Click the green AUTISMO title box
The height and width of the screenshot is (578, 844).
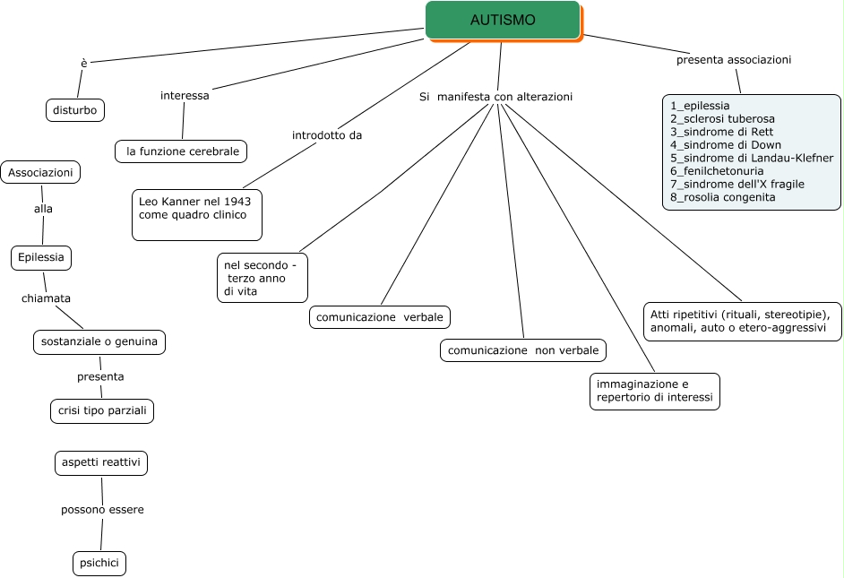pos(503,20)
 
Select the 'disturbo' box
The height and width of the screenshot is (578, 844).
pos(75,110)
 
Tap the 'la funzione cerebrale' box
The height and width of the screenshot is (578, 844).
pos(182,151)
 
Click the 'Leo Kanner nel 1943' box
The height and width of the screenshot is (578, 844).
pos(197,214)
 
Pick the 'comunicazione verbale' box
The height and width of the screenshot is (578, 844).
pos(380,317)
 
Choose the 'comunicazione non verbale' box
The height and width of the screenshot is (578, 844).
pos(523,349)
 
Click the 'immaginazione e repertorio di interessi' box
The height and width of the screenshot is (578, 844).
pos(654,391)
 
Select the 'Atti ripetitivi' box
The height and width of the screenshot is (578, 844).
pos(742,322)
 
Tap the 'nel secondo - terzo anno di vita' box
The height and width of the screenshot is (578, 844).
pos(263,277)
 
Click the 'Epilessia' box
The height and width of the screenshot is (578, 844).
pos(41,257)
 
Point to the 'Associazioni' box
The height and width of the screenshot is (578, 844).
pos(40,172)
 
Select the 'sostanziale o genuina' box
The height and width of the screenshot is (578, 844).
pos(99,341)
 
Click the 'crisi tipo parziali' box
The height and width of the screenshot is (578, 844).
pos(101,411)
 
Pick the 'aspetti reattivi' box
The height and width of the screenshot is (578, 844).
pos(100,463)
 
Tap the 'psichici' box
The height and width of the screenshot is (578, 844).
pos(99,563)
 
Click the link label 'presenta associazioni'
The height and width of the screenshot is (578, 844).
pos(733,60)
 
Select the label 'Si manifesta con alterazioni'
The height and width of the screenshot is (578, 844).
pos(495,96)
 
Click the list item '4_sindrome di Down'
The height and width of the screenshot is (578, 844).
pos(725,144)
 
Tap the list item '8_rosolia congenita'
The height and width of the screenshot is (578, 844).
pos(722,197)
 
